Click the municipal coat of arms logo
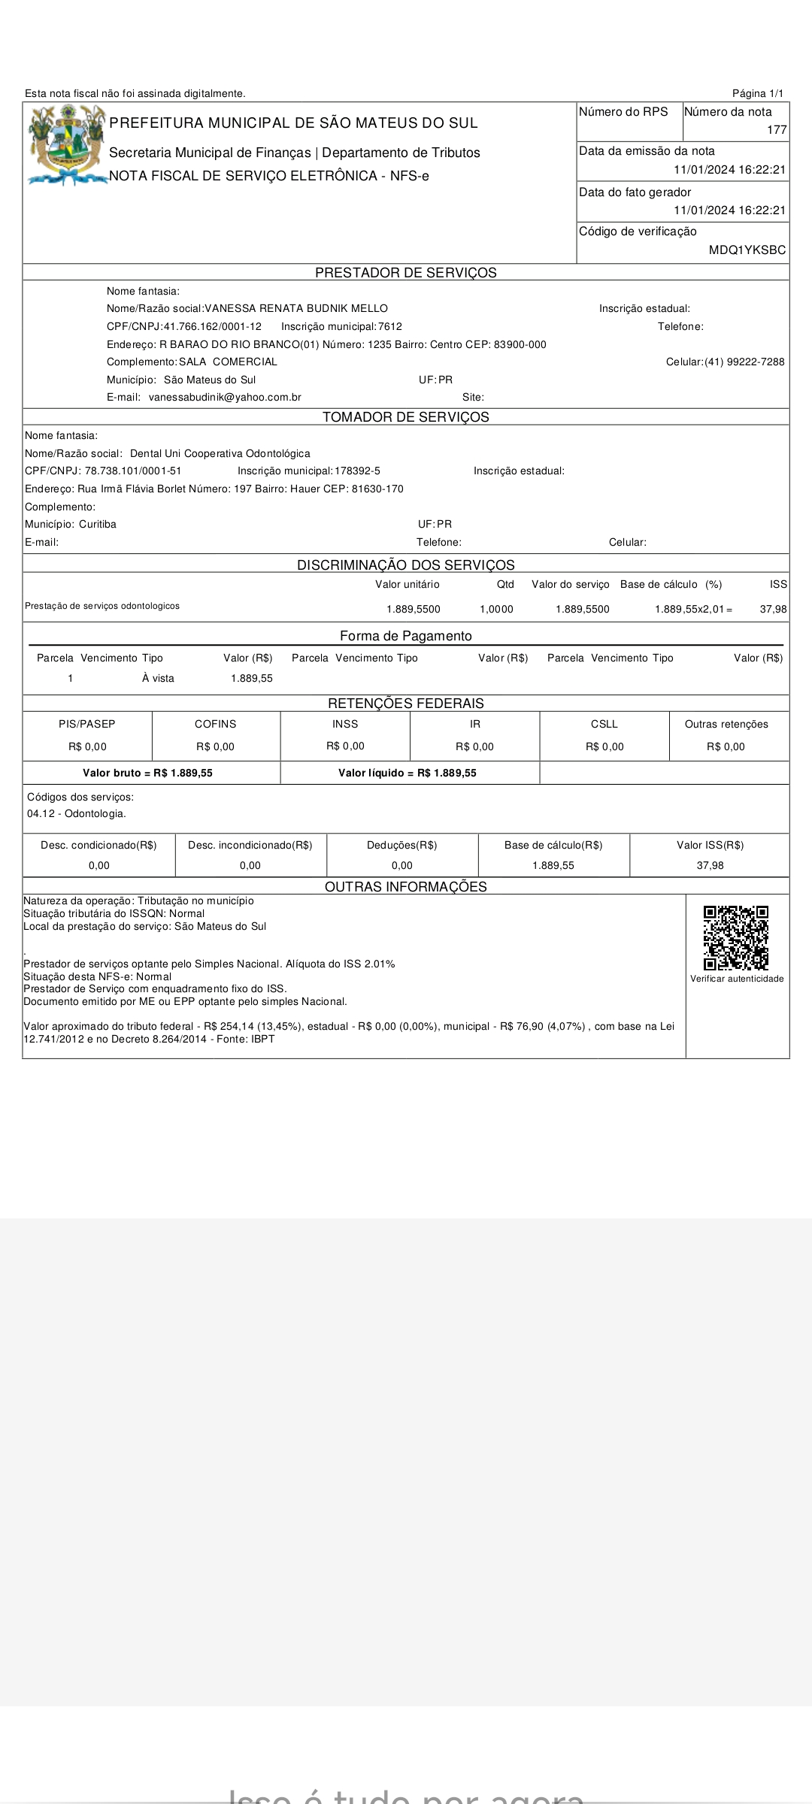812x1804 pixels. pos(66,144)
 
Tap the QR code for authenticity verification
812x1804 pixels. pos(736,937)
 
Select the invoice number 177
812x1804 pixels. pos(777,130)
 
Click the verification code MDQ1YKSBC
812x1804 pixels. pos(747,250)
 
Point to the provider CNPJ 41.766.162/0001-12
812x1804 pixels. pos(213,327)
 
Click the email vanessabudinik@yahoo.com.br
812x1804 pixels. pos(225,398)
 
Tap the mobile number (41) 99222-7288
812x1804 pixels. pos(744,362)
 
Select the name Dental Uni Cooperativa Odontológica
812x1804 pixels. pos(220,454)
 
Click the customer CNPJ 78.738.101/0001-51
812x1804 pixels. pos(133,471)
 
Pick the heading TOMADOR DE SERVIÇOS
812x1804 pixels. pos(405,417)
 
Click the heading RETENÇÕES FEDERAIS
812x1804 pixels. pos(405,704)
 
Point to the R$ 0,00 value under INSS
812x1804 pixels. pos(345,746)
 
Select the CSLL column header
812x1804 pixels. pos(604,725)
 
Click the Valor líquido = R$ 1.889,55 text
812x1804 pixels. pos(407,773)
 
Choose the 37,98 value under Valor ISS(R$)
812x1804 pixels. pos(710,866)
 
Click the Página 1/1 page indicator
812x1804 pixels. pos(757,94)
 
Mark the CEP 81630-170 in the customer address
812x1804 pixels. pos(377,489)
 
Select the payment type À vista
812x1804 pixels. pos(158,679)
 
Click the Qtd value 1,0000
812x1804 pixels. pos(496,610)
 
